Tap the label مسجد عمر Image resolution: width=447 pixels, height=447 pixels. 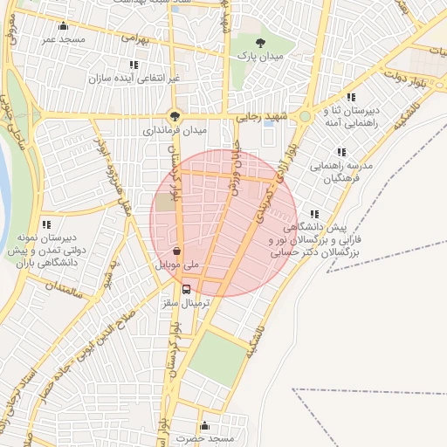coord(60,40)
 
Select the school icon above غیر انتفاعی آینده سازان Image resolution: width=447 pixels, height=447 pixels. coord(134,65)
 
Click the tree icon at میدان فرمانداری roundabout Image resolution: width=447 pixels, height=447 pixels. coord(175,115)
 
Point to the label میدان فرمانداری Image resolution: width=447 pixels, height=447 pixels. coord(175,130)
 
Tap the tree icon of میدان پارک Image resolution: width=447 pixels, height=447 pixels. coord(258,42)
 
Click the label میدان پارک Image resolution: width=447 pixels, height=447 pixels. coord(258,55)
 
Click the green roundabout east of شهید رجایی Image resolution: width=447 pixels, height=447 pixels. coord(305,116)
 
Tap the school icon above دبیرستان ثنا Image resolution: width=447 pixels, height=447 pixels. coord(351,97)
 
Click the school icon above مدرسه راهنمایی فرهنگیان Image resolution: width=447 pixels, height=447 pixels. coord(340,152)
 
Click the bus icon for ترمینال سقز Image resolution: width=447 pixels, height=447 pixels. coord(186,290)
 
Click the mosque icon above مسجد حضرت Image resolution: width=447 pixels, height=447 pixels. coord(204,425)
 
